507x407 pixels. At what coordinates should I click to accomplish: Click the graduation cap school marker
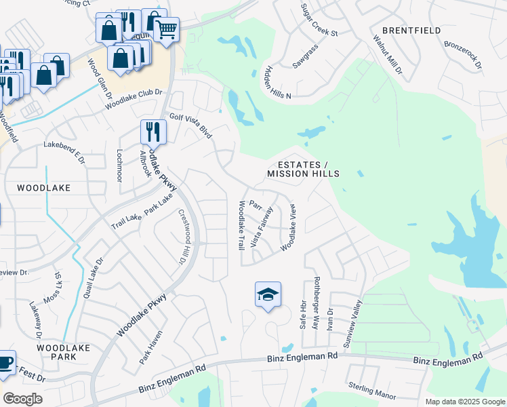tap(268, 294)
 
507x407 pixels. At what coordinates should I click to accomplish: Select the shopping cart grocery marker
tap(167, 29)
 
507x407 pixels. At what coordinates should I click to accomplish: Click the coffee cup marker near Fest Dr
tap(5, 362)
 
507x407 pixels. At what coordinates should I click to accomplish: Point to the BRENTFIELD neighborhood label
tap(411, 31)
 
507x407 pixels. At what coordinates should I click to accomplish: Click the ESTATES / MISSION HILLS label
tap(303, 170)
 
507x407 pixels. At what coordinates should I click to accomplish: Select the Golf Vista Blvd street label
tap(191, 126)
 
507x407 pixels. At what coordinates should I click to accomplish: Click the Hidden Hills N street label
tap(278, 83)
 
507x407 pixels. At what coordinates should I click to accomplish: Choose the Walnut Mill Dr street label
tap(387, 52)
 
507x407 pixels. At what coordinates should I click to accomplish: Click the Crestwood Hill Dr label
tap(182, 236)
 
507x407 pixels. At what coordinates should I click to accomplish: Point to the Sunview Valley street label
tap(354, 325)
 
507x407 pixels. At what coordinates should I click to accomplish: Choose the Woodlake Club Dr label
tap(135, 100)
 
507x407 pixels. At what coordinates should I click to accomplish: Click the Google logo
tap(22, 398)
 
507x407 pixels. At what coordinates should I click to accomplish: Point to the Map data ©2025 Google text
tap(464, 401)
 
